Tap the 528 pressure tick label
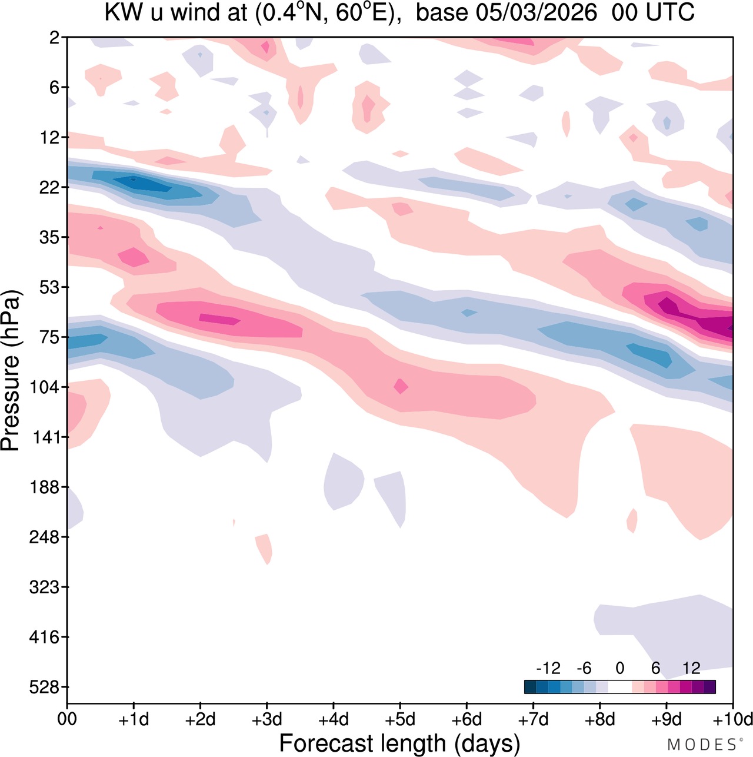click(45, 687)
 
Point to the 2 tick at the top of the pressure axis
click(55, 38)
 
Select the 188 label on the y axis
click(45, 487)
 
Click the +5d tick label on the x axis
click(400, 719)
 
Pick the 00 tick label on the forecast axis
click(67, 719)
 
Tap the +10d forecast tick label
click(732, 719)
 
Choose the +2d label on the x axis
click(200, 719)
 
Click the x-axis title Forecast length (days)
click(399, 743)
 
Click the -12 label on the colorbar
click(548, 668)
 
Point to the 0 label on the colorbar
click(619, 668)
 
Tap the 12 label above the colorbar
click(691, 668)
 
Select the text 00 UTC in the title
click(653, 13)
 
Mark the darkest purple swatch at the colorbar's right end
click(709, 686)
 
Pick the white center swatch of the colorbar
click(619, 686)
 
